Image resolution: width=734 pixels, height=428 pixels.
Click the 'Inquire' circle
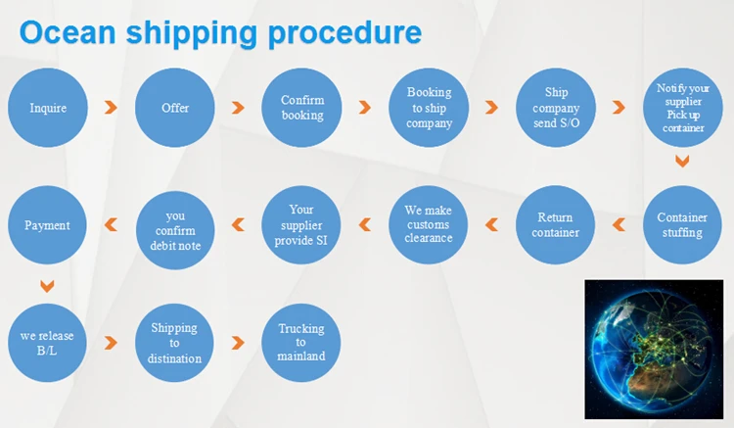[48, 108]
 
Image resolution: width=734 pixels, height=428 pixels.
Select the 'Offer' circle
[175, 108]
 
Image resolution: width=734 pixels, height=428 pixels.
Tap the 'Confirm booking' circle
[302, 108]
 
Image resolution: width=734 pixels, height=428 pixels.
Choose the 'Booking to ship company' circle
[430, 108]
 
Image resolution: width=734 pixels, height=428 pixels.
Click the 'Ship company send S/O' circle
[556, 108]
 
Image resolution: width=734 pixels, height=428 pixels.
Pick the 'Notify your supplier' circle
[682, 108]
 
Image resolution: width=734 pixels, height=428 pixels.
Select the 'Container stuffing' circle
[682, 225]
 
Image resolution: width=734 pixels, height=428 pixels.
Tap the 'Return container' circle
[556, 225]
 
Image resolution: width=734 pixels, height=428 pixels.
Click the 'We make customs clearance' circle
[429, 225]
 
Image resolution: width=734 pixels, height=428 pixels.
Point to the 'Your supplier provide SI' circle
[301, 225]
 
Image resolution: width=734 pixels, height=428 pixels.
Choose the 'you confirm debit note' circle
[175, 225]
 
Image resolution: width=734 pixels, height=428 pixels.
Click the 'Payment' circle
[47, 225]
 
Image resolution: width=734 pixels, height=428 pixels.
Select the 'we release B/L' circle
[47, 343]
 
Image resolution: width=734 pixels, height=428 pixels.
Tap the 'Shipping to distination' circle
[175, 343]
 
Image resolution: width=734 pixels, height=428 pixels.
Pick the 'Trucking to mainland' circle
[301, 343]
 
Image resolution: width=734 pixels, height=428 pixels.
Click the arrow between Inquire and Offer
[112, 108]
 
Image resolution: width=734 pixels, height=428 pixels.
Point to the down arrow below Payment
[47, 287]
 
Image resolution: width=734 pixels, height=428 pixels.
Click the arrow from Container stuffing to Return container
[619, 225]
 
